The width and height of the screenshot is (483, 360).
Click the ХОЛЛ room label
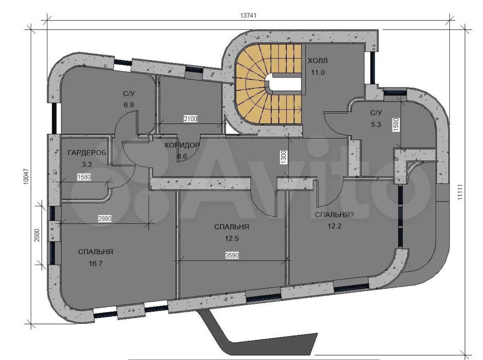click(x=318, y=61)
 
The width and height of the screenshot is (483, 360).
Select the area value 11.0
click(x=318, y=72)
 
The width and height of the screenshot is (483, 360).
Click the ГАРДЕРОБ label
click(x=87, y=152)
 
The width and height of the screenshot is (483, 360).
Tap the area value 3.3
click(x=86, y=164)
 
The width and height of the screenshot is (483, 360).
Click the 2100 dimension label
click(x=190, y=119)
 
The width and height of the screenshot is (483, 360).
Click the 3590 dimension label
click(x=232, y=255)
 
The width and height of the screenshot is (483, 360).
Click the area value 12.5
click(x=231, y=238)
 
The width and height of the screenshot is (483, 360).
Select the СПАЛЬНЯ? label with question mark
click(x=335, y=215)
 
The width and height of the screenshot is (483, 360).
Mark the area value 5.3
click(x=376, y=124)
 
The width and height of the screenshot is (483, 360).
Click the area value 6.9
click(x=129, y=105)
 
